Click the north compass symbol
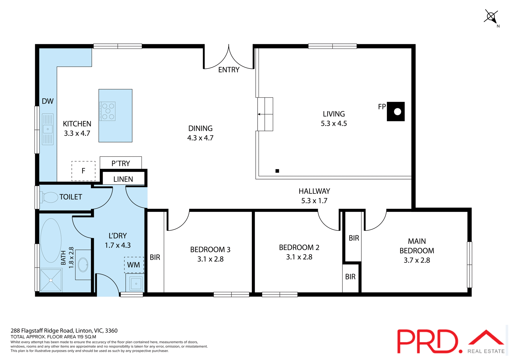pyautogui.click(x=491, y=17)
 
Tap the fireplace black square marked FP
pyautogui.click(x=396, y=111)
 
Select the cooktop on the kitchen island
pyautogui.click(x=108, y=111)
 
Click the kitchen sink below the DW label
pyautogui.click(x=48, y=129)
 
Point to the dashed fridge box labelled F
pyautogui.click(x=83, y=171)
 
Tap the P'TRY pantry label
pyautogui.click(x=121, y=163)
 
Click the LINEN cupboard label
pyautogui.click(x=123, y=179)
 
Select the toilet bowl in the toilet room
pyautogui.click(x=50, y=197)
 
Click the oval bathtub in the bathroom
pyautogui.click(x=51, y=240)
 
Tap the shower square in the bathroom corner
pyautogui.click(x=51, y=280)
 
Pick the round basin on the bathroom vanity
pyautogui.click(x=83, y=265)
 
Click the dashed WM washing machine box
pyautogui.click(x=134, y=265)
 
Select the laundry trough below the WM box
pyautogui.click(x=136, y=283)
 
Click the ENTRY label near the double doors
pyautogui.click(x=229, y=70)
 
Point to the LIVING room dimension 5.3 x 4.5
pyautogui.click(x=334, y=123)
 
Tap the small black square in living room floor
pyautogui.click(x=277, y=171)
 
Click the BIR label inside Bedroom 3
pyautogui.click(x=155, y=257)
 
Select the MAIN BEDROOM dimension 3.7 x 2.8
pyautogui.click(x=417, y=260)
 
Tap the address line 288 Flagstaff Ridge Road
pyautogui.click(x=64, y=331)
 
